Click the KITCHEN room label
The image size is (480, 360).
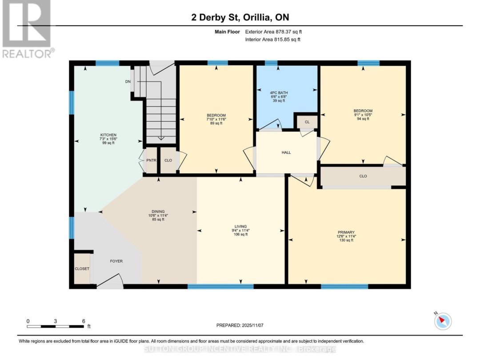point(108,135)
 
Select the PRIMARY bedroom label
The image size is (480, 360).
point(346,232)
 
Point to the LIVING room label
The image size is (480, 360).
point(240,226)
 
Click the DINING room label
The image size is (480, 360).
point(158,212)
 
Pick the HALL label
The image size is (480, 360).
point(286,152)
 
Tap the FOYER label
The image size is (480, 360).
point(116,261)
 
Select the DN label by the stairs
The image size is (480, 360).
point(128,82)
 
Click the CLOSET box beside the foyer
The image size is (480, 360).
point(82,268)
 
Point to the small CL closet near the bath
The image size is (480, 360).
point(307,121)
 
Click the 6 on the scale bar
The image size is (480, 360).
point(83,321)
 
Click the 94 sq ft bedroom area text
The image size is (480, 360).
point(363,119)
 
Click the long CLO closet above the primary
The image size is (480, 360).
point(363,176)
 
